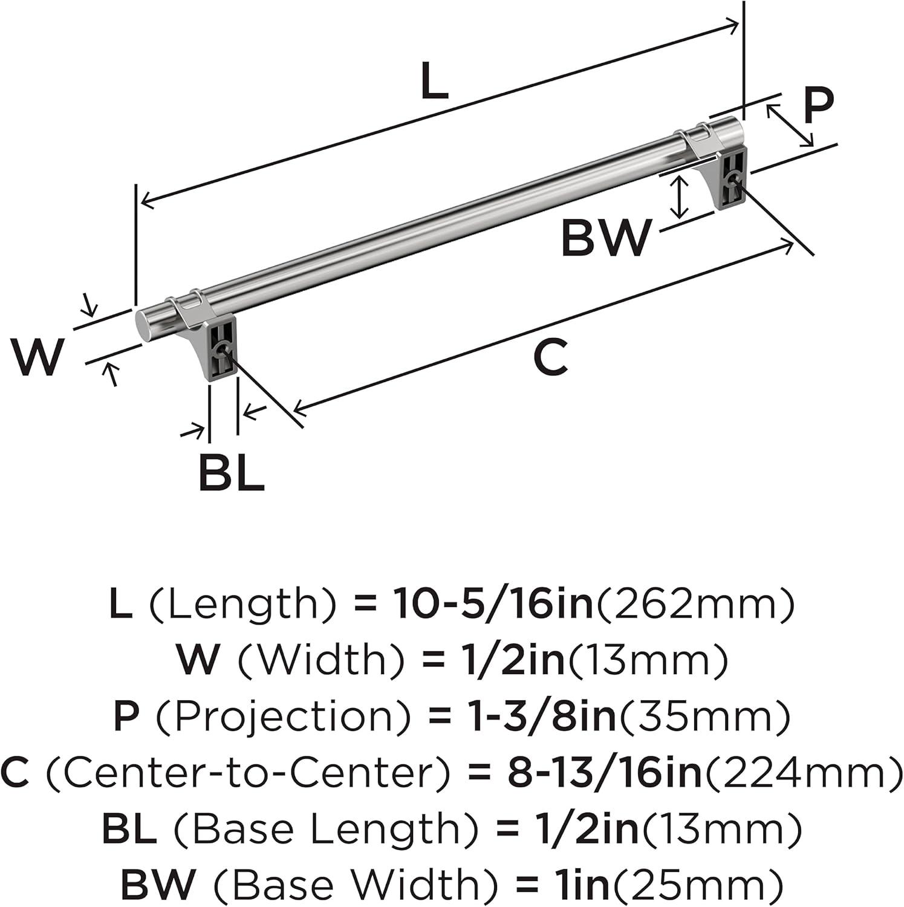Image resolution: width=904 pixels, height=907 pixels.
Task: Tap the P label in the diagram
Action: pos(818,106)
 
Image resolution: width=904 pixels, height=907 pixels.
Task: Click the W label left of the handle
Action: pos(37,357)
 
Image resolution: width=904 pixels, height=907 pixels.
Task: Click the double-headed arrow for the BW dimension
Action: pos(680,197)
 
